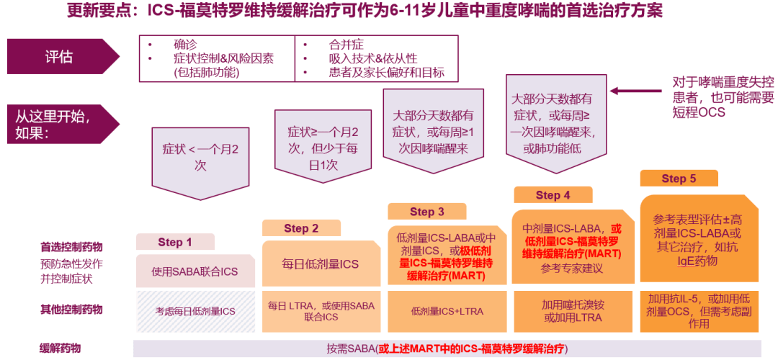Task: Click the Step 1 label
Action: pyautogui.click(x=175, y=242)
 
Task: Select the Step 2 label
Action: pyautogui.click(x=300, y=228)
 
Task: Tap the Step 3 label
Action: pyautogui.click(x=426, y=211)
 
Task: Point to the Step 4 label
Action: pyautogui.click(x=553, y=194)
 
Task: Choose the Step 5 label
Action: pyautogui.click(x=679, y=179)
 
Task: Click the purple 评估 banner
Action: pyautogui.click(x=61, y=56)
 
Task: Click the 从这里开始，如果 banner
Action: pyautogui.click(x=61, y=124)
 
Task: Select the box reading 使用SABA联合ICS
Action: pyautogui.click(x=195, y=271)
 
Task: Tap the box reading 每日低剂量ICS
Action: pyautogui.click(x=321, y=264)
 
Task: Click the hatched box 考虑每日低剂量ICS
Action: pyautogui.click(x=195, y=311)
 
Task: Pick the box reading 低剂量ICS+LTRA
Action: pyautogui.click(x=447, y=311)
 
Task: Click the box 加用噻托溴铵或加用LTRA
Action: pyautogui.click(x=573, y=311)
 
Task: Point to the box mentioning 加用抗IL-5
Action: pyautogui.click(x=699, y=311)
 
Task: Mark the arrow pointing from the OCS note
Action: pyautogui.click(x=638, y=91)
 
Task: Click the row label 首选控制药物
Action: pyautogui.click(x=71, y=247)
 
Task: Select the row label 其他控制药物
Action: pyautogui.click(x=71, y=310)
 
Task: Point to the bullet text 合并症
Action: pyautogui.click(x=346, y=44)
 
